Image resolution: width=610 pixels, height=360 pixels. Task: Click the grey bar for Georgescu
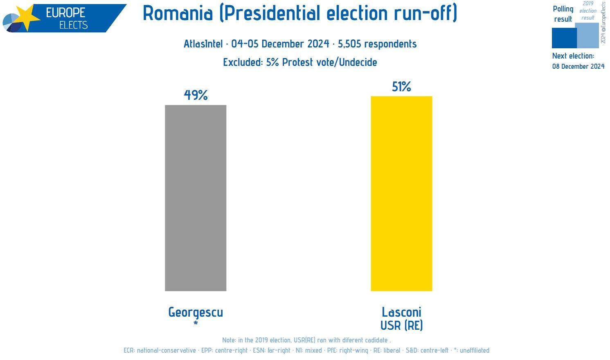196,198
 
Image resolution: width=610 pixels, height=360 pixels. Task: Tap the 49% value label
196,95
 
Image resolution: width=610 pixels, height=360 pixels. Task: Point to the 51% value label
401,86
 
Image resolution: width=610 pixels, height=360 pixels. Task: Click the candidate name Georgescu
196,312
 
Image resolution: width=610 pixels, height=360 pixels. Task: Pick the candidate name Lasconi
401,312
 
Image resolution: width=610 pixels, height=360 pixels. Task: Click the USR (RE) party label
401,325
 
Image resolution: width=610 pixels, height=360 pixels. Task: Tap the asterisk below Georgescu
196,324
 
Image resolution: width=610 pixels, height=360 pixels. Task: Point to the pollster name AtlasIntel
203,44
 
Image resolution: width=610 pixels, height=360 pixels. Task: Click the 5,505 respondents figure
377,44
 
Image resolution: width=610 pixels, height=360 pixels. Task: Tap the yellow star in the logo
25,18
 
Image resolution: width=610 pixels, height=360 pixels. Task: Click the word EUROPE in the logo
65,13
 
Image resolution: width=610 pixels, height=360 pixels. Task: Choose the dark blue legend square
564,38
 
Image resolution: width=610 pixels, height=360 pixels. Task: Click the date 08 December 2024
578,66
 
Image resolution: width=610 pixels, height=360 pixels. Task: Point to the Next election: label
573,56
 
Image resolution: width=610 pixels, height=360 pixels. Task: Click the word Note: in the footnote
229,340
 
